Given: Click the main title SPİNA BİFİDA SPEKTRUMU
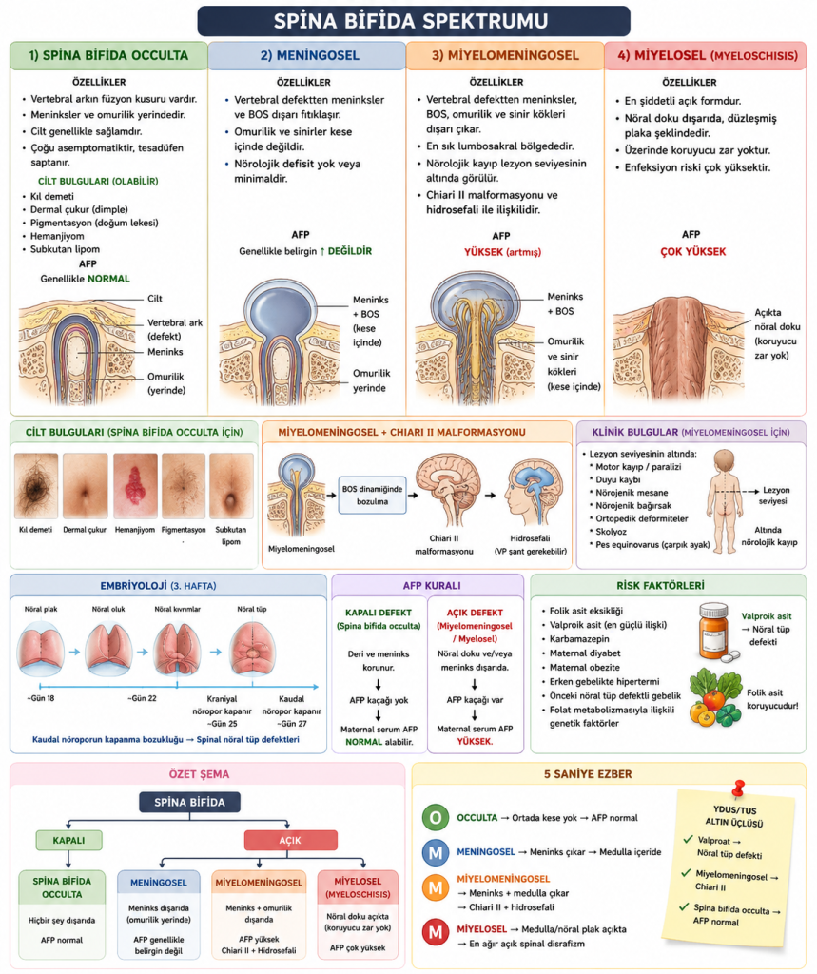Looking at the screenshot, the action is coord(411,21).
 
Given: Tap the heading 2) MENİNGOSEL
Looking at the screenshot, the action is coord(309,55).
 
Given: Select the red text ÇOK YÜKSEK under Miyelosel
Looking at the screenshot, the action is coord(692,251).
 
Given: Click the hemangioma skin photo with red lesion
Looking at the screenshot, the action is coord(135,485).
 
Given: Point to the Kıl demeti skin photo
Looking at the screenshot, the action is coord(36,485).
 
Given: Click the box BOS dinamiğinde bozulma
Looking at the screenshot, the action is coord(372,495).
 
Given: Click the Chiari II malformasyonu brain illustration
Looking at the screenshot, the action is coord(447,490).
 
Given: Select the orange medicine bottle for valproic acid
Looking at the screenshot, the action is coord(716,632).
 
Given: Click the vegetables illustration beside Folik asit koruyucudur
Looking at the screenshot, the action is coord(715,696).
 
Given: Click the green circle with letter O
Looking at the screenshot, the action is coord(436,817).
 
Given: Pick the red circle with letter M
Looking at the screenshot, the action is coord(436,932).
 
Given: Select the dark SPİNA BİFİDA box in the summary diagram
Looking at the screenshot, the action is coord(189,802).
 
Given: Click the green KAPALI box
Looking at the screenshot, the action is coord(69,841).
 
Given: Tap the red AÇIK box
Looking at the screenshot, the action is coord(290,841).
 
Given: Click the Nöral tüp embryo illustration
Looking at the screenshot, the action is coord(253,649).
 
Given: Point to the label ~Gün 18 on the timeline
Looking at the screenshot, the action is coord(40,698).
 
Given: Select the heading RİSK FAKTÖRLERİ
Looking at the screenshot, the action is coord(660,586).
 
